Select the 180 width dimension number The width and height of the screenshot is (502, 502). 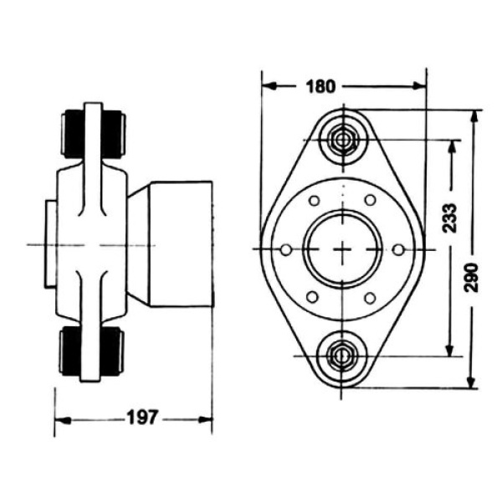click(320, 85)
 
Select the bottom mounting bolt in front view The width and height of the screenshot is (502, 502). click(342, 356)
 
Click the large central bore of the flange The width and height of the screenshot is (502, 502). click(342, 249)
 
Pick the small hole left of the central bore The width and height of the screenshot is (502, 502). click(286, 250)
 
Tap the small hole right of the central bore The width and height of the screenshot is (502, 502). click(398, 249)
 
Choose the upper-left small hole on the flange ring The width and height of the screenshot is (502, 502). click(314, 201)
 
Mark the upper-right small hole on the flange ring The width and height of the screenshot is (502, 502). click(370, 201)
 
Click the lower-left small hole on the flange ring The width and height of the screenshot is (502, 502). click(314, 298)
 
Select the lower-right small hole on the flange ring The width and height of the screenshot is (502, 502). click(370, 298)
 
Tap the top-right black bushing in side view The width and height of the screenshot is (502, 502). click(112, 134)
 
